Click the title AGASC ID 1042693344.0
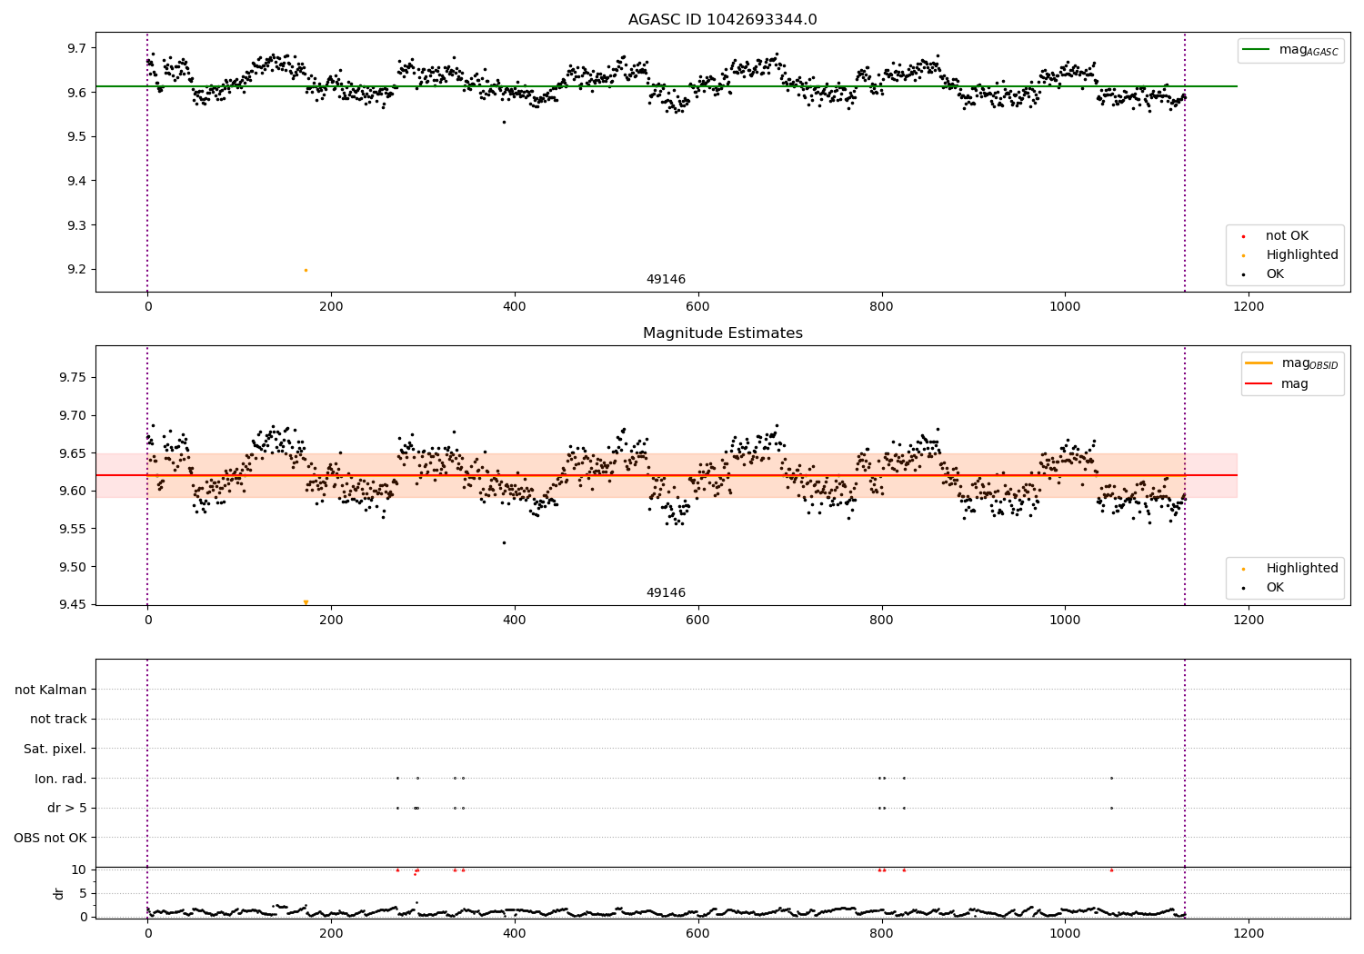(x=722, y=20)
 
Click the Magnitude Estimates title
(x=722, y=333)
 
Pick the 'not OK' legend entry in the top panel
(x=1286, y=236)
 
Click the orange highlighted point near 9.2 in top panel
(x=306, y=270)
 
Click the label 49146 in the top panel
(x=666, y=280)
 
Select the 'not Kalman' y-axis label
(x=51, y=690)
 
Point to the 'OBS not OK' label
(x=51, y=838)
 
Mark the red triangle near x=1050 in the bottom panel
(x=1111, y=870)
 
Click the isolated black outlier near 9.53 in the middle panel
(x=504, y=542)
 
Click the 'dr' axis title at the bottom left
(x=59, y=893)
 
